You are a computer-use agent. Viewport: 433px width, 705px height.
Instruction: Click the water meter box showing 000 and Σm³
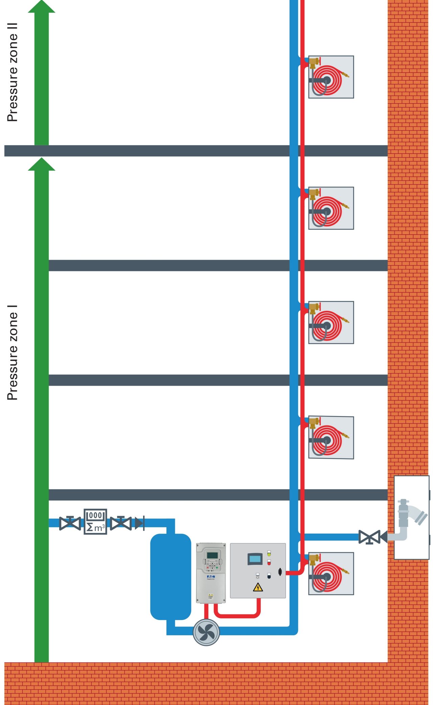click(x=95, y=522)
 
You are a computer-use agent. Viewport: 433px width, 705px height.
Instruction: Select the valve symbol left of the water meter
click(x=70, y=523)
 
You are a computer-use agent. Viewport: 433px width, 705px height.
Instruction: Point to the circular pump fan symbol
click(x=206, y=632)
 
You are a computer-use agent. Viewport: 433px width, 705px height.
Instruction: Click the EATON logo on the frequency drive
click(x=211, y=576)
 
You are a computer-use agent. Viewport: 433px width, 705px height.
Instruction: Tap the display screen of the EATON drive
click(x=212, y=555)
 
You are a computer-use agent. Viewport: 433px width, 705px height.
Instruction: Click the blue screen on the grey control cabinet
click(x=255, y=559)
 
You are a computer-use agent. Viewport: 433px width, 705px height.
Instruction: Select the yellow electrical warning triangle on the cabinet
click(x=258, y=587)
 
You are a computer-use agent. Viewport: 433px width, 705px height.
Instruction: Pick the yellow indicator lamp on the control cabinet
click(x=269, y=554)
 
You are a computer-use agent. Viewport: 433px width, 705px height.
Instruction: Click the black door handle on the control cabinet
click(x=280, y=572)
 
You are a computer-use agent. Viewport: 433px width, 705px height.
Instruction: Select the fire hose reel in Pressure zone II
click(x=331, y=77)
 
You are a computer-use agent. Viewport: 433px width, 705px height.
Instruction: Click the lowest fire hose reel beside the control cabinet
click(x=331, y=574)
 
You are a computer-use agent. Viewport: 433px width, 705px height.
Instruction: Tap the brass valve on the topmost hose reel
click(x=314, y=62)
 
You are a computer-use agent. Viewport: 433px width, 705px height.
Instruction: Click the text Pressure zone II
click(x=12, y=72)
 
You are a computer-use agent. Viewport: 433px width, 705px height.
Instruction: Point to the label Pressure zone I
click(x=12, y=352)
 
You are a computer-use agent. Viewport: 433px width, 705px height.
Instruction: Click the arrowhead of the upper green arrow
click(x=42, y=7)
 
